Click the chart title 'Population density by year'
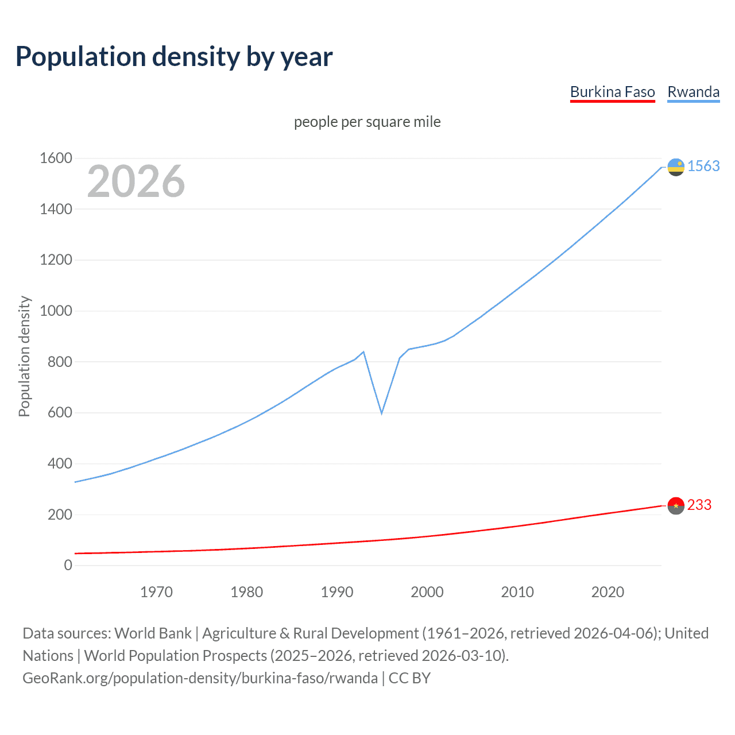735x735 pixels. tap(174, 57)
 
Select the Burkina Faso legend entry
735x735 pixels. tap(612, 92)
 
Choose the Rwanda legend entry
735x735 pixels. tap(693, 92)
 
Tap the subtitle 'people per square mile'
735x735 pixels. tap(367, 122)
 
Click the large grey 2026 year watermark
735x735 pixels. tap(136, 181)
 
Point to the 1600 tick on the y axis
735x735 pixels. tap(56, 158)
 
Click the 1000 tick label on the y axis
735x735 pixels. tap(56, 311)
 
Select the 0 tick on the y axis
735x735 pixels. tap(68, 565)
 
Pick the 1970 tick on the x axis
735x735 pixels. tap(156, 592)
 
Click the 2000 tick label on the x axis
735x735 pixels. tap(427, 592)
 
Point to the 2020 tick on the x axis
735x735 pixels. tap(608, 592)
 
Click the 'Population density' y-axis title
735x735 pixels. tap(24, 356)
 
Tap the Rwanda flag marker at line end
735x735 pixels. tap(676, 167)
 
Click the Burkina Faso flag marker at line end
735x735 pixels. tap(676, 505)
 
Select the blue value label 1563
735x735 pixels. tap(703, 166)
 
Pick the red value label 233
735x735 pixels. tap(699, 505)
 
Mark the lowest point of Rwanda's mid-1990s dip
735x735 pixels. tap(381, 413)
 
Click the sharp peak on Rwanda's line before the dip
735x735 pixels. tap(363, 351)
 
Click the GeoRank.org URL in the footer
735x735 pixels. tap(200, 678)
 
